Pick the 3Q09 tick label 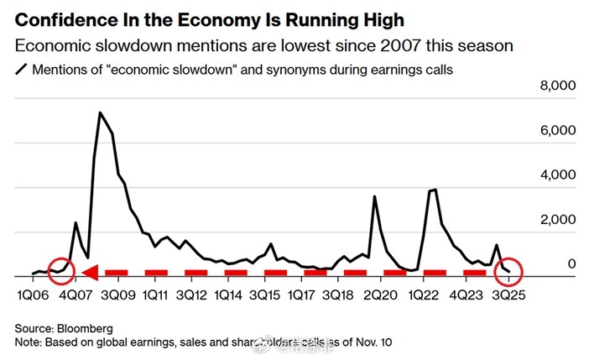pos(118,295)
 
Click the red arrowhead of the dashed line pos(90,272)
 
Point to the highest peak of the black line pos(101,112)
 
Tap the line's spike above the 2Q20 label pos(374,196)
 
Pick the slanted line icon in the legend pos(20,70)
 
